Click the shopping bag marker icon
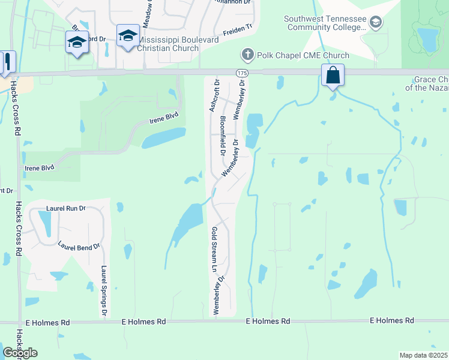pos(333,76)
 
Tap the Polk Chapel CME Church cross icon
pos(247,55)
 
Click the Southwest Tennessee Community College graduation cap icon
pos(376,23)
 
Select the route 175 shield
pos(241,73)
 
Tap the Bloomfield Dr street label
pos(223,135)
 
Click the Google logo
pos(20,353)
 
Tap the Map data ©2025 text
pos(423,355)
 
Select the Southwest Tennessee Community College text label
pos(325,23)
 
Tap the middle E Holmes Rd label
pos(268,322)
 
